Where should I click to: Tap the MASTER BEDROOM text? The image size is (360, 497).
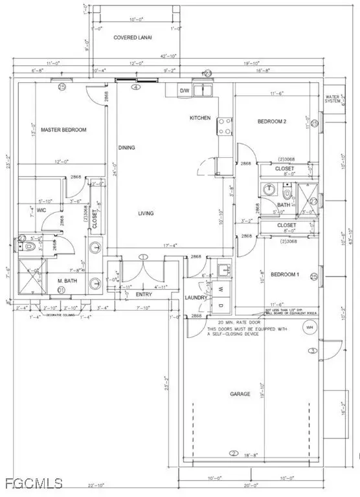click(x=63, y=130)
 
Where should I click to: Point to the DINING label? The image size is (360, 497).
click(x=127, y=148)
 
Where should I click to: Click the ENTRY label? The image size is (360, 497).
click(x=143, y=294)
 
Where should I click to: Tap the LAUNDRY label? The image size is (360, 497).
click(x=196, y=297)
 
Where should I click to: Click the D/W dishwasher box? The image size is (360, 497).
click(x=185, y=91)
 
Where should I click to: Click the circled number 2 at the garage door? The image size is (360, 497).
click(x=232, y=453)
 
